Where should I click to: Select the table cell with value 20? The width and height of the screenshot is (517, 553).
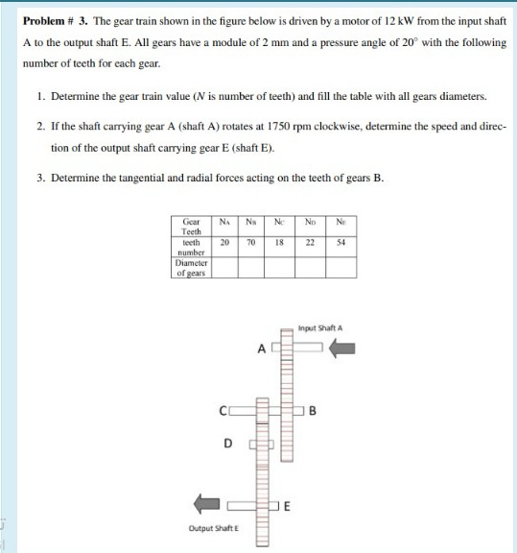click(223, 243)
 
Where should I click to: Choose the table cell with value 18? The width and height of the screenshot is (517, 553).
click(279, 243)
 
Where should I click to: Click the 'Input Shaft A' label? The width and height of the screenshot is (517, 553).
click(320, 328)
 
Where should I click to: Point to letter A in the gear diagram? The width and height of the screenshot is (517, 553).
click(261, 349)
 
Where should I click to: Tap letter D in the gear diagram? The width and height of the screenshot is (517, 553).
click(227, 444)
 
